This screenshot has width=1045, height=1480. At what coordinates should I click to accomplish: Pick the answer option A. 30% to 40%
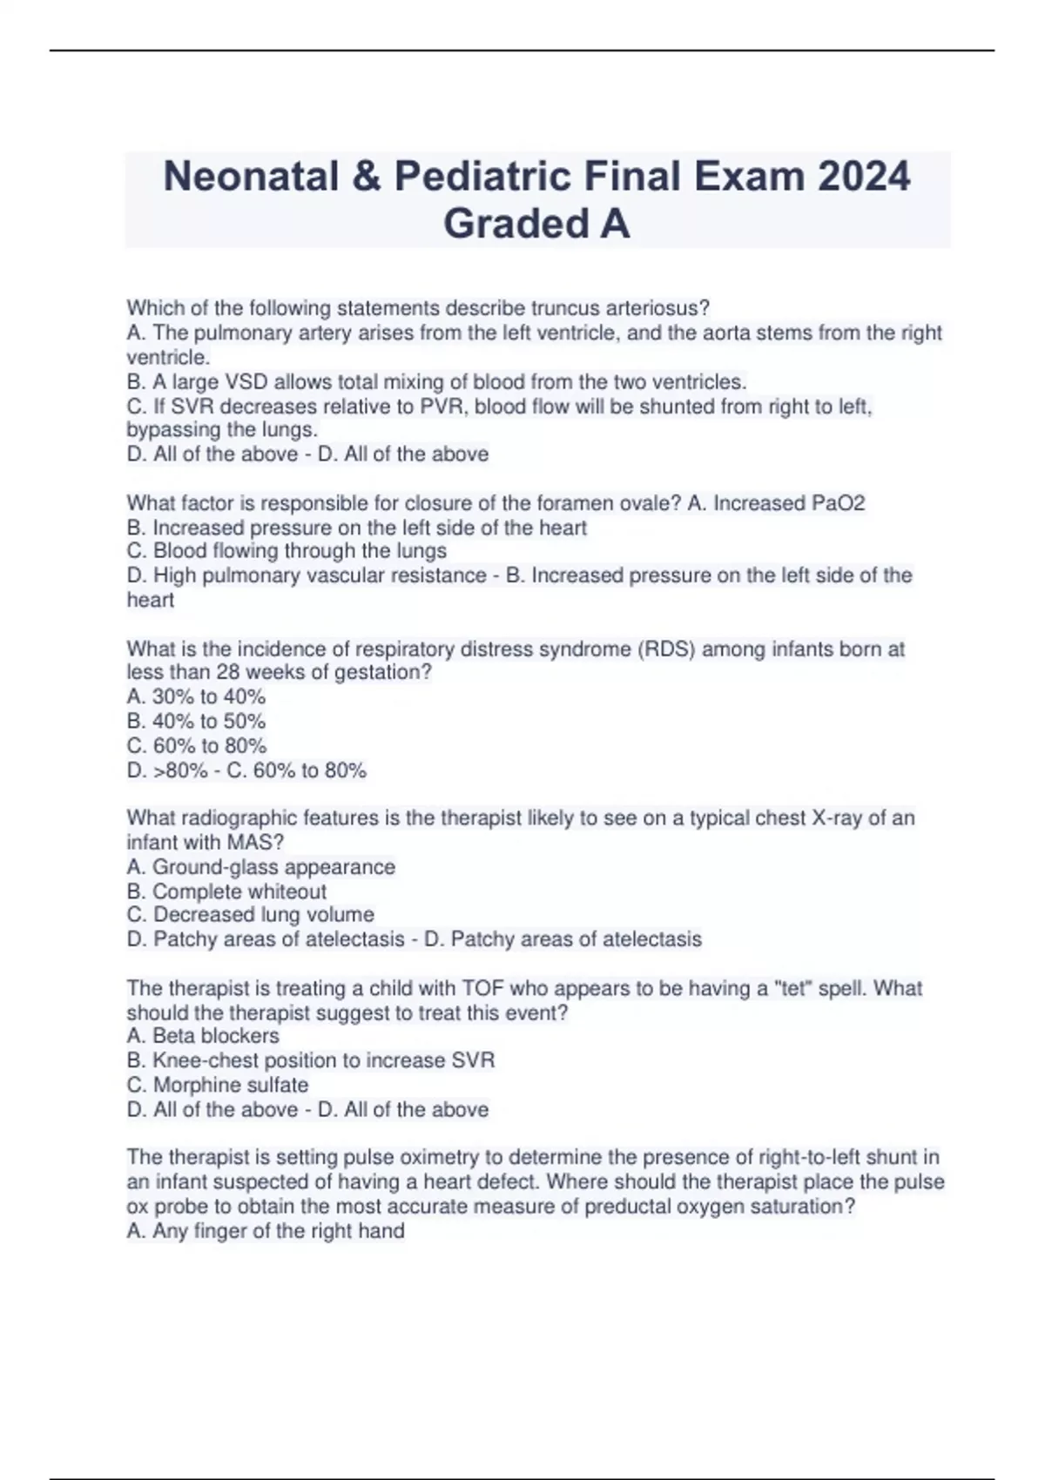point(196,697)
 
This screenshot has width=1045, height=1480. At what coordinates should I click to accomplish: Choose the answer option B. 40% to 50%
point(196,722)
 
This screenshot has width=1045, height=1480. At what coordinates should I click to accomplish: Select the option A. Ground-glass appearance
point(260,867)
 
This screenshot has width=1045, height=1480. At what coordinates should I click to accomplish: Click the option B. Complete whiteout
point(226,891)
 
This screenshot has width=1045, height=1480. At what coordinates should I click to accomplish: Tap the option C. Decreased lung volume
point(250,915)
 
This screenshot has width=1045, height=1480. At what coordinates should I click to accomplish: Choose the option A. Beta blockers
point(203,1036)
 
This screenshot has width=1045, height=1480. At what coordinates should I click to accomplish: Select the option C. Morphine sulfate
point(218,1086)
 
